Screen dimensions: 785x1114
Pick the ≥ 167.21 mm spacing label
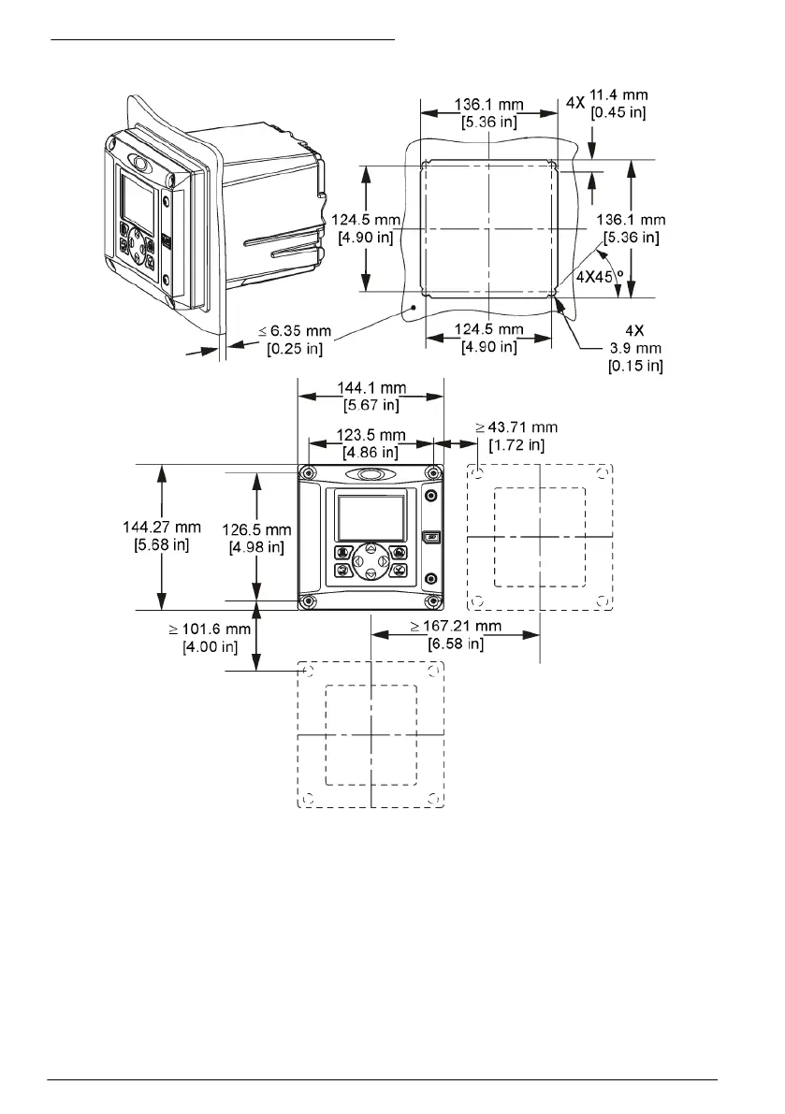coord(456,626)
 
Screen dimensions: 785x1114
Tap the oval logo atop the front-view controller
coord(371,474)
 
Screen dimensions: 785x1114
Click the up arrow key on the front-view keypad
coord(371,548)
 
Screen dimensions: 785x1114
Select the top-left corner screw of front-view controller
coord(308,472)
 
